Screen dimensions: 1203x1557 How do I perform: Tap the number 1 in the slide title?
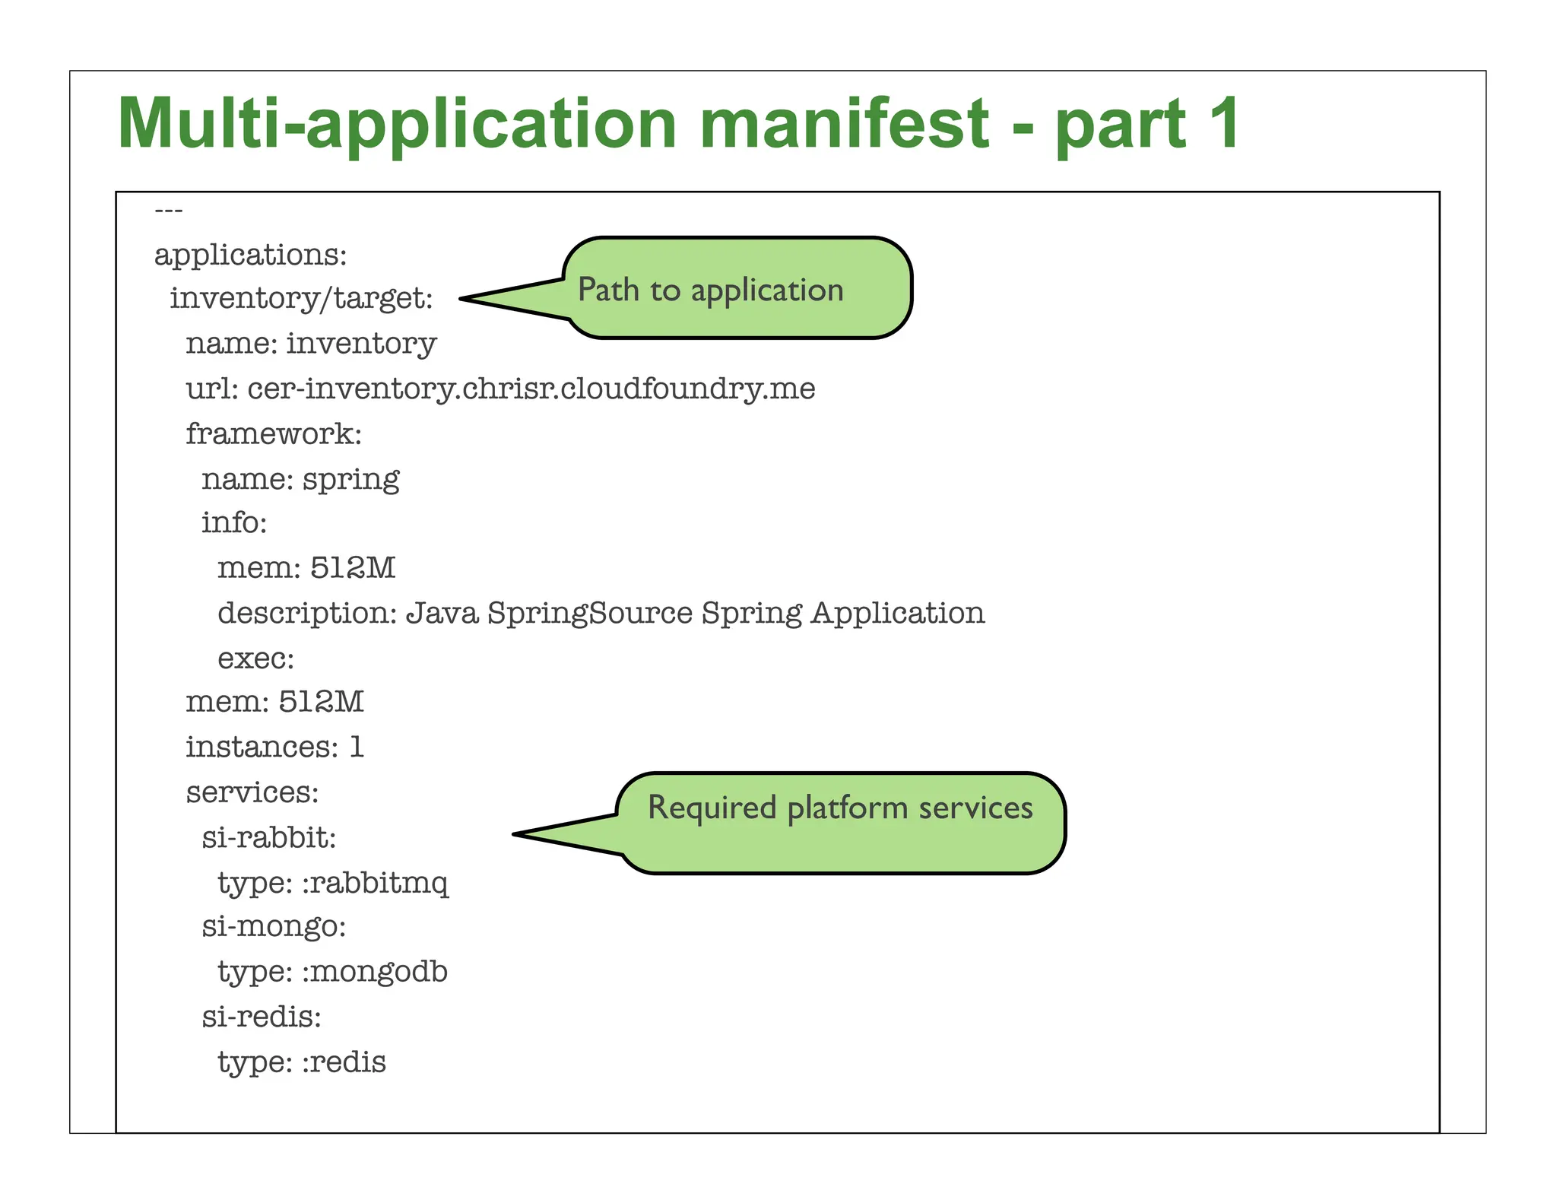1222,124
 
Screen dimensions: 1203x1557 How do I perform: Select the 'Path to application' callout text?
710,290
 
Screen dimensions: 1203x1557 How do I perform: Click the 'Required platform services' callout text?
839,808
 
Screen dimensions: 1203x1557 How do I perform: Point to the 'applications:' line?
250,255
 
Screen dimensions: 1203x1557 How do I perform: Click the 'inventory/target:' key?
301,298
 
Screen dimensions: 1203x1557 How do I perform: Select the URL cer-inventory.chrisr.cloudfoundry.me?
531,389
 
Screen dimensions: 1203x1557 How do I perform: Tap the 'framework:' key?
274,433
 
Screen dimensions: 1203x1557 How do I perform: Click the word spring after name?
350,479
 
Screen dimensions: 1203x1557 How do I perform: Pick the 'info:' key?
234,523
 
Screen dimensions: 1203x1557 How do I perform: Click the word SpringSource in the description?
590,613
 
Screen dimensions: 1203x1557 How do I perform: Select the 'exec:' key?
255,658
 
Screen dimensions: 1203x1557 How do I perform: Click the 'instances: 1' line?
274,747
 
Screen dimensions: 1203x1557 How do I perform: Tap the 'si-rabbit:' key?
268,837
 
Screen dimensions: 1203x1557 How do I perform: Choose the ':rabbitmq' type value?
375,883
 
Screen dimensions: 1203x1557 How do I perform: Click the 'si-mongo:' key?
274,927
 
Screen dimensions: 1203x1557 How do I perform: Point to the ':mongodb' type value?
375,972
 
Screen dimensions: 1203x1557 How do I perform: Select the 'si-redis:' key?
262,1017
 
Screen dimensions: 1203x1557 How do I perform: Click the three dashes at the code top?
168,210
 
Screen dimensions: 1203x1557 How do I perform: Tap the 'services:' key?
252,792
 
